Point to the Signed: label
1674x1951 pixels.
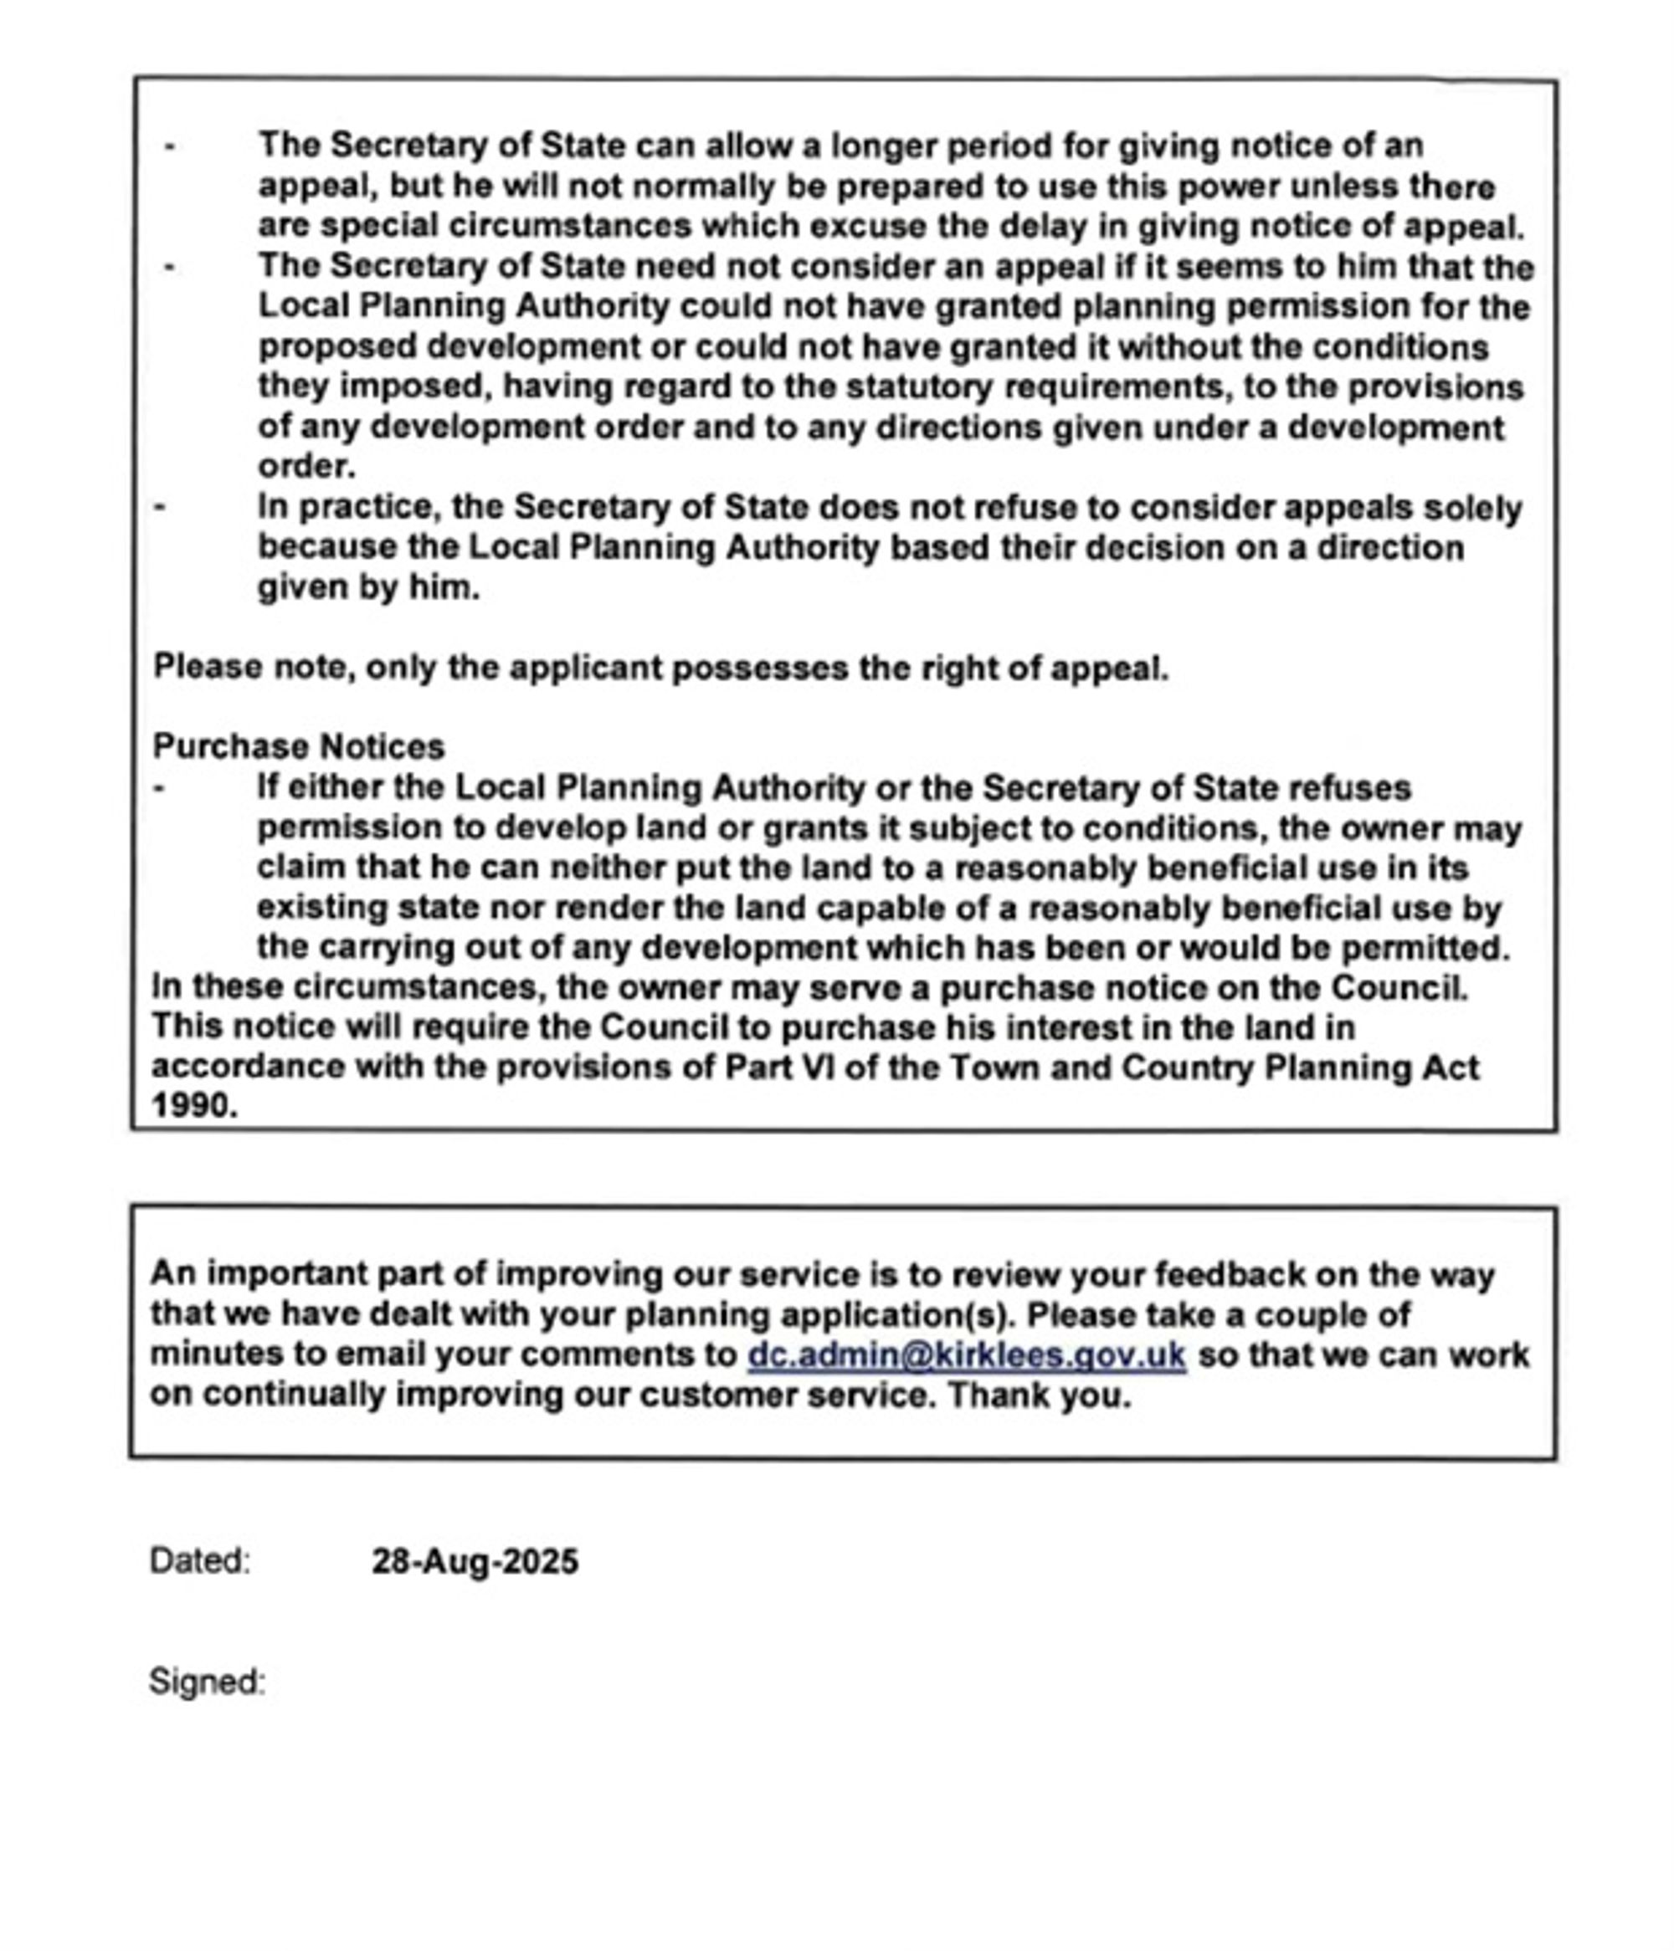208,1682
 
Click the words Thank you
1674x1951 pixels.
1038,1395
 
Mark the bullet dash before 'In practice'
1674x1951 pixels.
160,508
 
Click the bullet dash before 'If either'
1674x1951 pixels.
160,788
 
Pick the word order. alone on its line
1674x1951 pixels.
306,467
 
